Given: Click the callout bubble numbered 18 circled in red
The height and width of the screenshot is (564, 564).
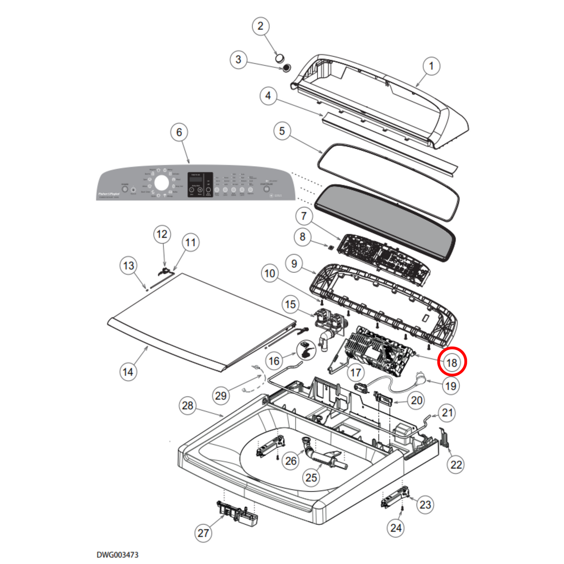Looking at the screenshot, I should coord(452,362).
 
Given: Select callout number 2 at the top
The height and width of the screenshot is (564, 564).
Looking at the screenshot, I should coord(260,26).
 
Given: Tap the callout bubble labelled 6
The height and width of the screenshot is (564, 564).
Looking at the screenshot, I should coord(179,132).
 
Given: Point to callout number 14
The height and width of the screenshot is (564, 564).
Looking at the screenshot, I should coord(128,372).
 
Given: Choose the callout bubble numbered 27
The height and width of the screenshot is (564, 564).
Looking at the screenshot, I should coord(203,533).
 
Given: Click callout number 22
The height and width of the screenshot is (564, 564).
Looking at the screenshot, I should coord(456,464).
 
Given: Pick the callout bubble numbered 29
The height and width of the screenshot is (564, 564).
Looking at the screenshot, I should coord(221,396).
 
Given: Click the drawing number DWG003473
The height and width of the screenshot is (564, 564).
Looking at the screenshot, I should coord(117,555).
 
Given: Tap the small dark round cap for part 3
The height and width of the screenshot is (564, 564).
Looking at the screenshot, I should coord(286,68).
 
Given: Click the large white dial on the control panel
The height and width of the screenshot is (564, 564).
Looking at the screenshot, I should coord(161,183).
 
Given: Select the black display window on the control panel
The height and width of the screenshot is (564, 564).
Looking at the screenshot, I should coord(200,184).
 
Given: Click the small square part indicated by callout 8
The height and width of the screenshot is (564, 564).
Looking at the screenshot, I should coord(330,247).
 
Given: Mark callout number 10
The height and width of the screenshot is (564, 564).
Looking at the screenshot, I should coord(270,273).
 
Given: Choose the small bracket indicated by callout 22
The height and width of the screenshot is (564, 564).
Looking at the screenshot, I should coord(444,438).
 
